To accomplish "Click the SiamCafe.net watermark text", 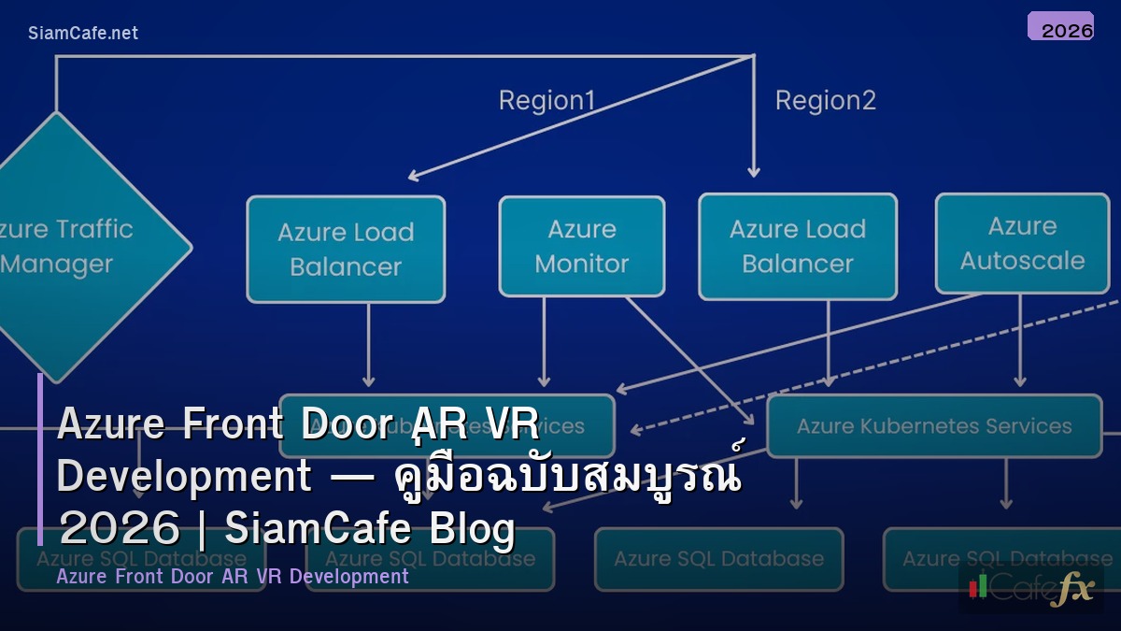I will coord(82,33).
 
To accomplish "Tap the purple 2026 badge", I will coord(1060,27).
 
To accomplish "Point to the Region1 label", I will coord(546,100).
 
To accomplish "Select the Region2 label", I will coord(826,100).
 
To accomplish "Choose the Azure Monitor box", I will coord(581,246).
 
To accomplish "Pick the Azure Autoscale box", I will coord(1022,243).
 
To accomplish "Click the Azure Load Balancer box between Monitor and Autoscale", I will coord(797,246).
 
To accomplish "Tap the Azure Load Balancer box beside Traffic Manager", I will coord(346,249).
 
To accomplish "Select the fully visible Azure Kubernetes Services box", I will coord(934,426).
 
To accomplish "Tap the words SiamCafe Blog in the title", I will coord(370,529).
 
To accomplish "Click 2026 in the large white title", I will coord(119,529).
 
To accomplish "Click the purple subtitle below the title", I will coord(233,576).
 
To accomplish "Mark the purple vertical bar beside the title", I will coord(40,459).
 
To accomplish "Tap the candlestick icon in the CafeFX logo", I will coord(978,586).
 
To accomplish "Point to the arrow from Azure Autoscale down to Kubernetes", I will coord(1019,341).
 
